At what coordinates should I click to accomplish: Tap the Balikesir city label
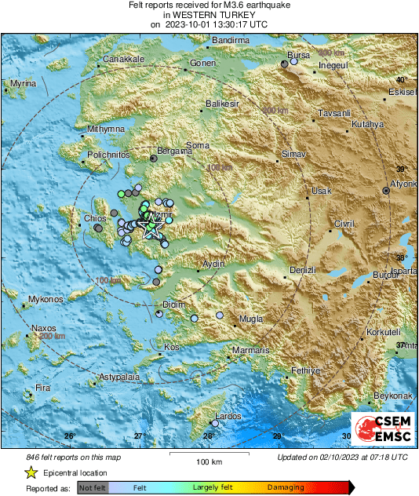(x=221, y=104)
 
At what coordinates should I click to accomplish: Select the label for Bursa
(x=300, y=56)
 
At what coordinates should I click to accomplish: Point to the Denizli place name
(x=302, y=270)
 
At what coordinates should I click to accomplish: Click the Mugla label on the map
(x=251, y=319)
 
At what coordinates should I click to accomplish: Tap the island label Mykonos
(x=45, y=300)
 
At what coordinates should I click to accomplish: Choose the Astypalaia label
(x=118, y=377)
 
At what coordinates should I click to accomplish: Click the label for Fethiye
(x=306, y=370)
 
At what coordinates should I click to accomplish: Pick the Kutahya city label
(x=367, y=125)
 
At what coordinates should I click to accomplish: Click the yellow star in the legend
(x=31, y=472)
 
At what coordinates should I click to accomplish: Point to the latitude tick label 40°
(x=401, y=81)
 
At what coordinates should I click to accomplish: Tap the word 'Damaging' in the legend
(x=285, y=487)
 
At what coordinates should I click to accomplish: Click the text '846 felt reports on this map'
(x=73, y=456)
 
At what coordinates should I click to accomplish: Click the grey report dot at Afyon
(x=386, y=191)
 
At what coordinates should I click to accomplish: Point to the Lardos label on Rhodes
(x=228, y=416)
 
